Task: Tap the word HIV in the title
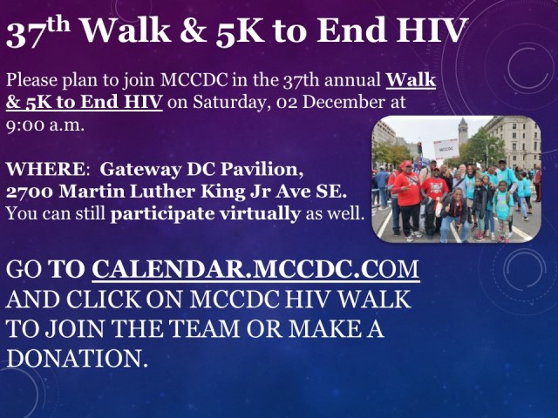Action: tap(432, 30)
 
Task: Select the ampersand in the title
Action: tap(194, 31)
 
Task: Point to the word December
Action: tap(344, 102)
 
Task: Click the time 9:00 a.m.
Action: tap(45, 125)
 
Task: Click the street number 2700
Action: tap(30, 192)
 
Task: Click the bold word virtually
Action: tap(260, 214)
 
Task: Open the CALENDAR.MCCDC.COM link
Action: tap(255, 269)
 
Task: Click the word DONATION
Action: tap(77, 358)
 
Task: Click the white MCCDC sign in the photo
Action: tap(446, 149)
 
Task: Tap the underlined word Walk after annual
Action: tap(411, 80)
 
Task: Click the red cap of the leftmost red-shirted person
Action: tap(406, 165)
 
